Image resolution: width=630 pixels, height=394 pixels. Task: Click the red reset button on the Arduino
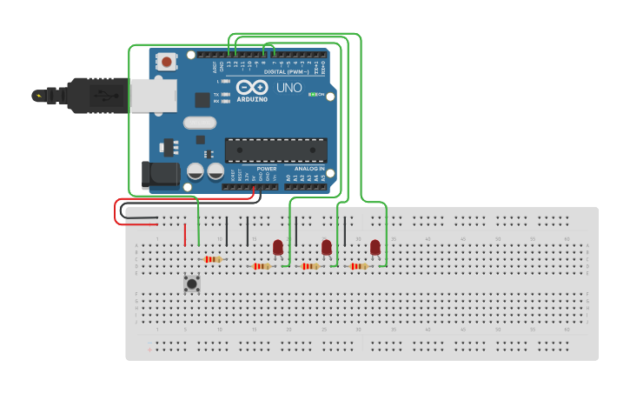(165, 62)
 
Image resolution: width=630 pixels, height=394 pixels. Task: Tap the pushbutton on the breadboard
(192, 283)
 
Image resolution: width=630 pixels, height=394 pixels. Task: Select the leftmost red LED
(278, 248)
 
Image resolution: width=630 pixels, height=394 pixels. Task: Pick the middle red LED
(327, 248)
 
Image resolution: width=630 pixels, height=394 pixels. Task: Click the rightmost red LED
(375, 248)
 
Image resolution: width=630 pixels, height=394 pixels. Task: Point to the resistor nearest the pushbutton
(213, 259)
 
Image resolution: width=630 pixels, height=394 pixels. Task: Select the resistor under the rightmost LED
(358, 266)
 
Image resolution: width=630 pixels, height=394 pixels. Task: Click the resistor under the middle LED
(309, 266)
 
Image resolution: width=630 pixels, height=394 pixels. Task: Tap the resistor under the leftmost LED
(261, 266)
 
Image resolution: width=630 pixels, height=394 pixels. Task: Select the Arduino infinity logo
(251, 88)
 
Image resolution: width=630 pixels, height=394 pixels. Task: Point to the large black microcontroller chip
(276, 150)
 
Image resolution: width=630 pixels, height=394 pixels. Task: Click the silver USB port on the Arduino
(153, 96)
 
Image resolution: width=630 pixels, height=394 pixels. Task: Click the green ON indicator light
(313, 94)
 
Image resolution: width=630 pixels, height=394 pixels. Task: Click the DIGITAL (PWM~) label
(286, 71)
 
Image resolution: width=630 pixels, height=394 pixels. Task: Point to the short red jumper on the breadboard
(185, 235)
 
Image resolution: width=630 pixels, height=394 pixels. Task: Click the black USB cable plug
(96, 96)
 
